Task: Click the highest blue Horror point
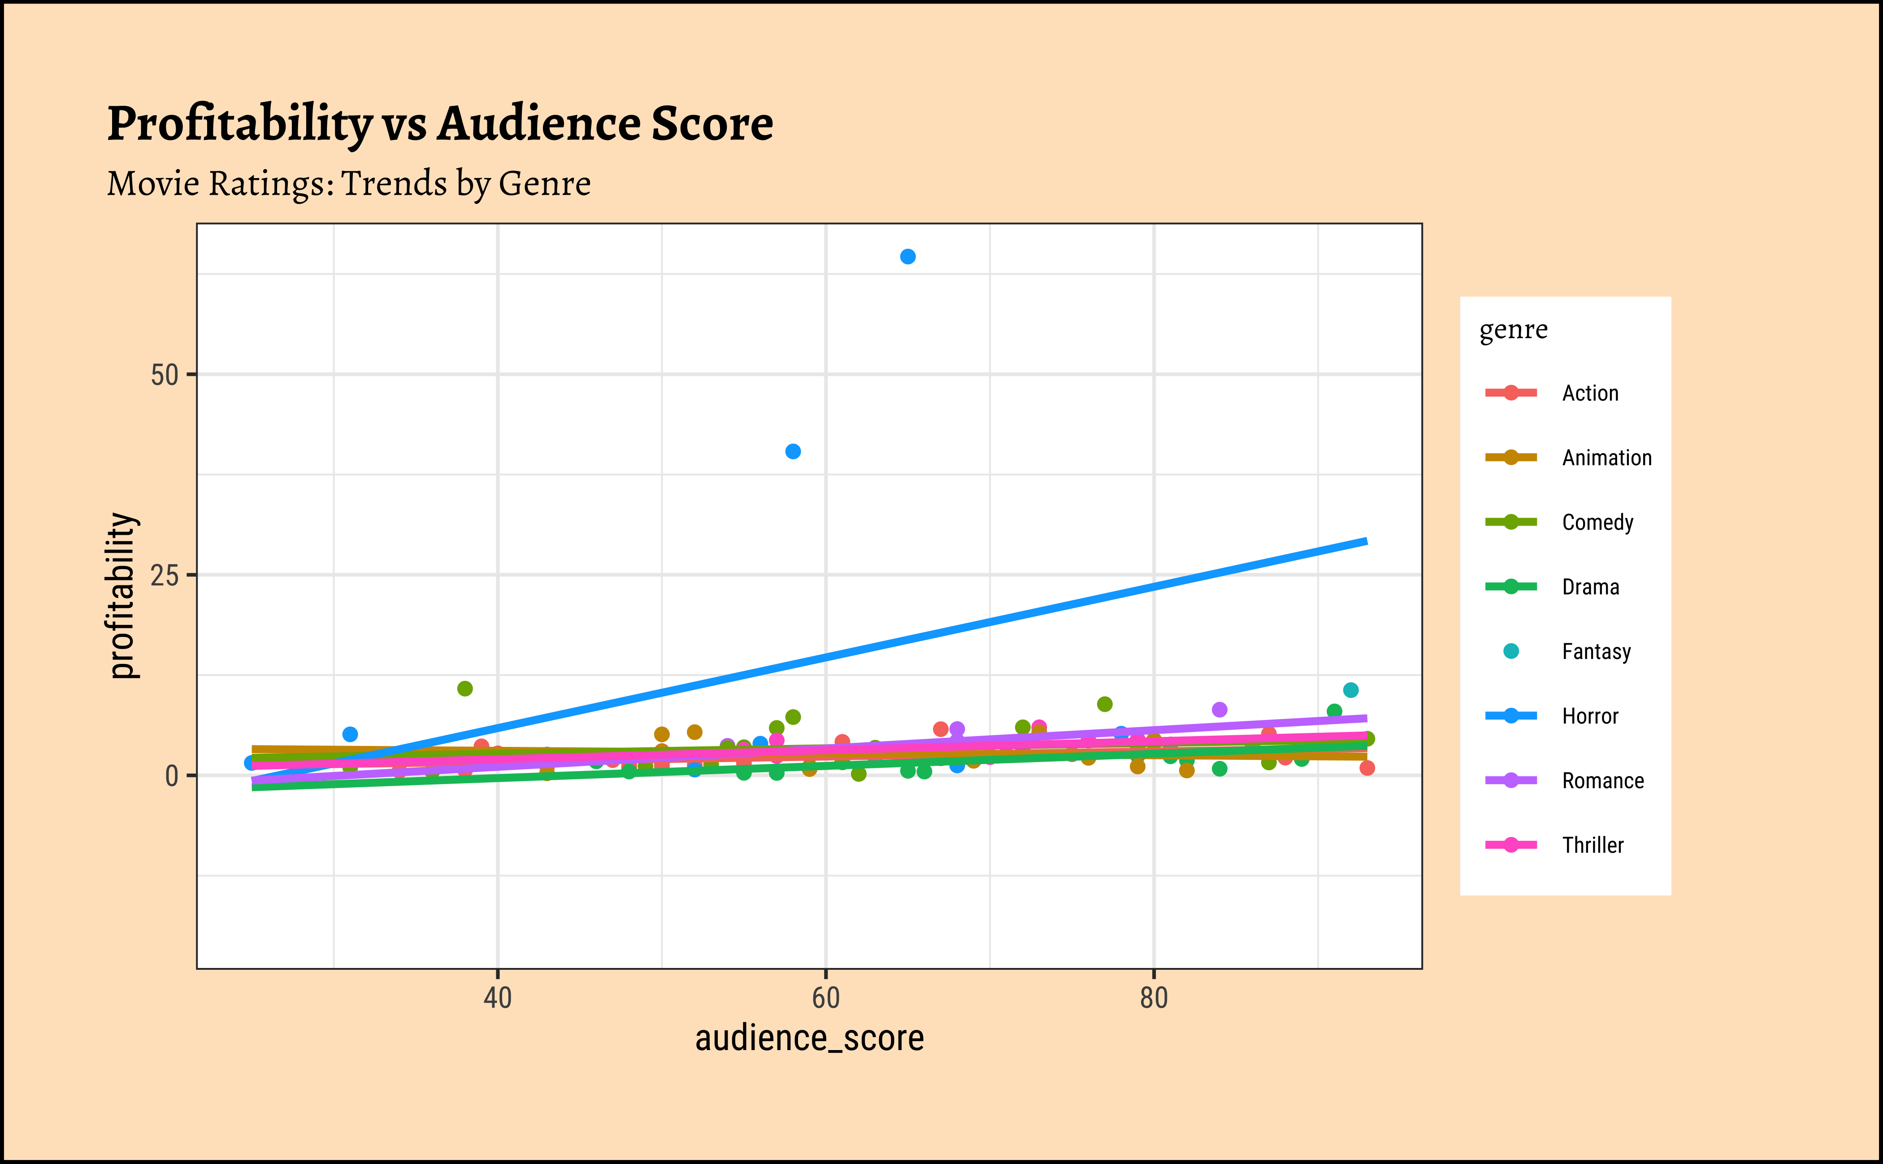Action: (x=907, y=257)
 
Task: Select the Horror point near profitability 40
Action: (x=793, y=451)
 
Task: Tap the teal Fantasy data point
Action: (x=1350, y=690)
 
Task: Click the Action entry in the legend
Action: (x=1590, y=393)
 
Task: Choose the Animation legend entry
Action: (x=1606, y=458)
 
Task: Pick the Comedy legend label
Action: (x=1597, y=523)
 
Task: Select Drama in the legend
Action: (x=1590, y=588)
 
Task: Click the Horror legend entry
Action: (x=1590, y=717)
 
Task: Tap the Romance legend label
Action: (x=1602, y=781)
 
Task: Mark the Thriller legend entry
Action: (x=1592, y=845)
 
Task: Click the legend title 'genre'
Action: (x=1513, y=330)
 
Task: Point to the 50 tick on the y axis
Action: (x=164, y=376)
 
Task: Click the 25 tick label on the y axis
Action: (x=164, y=575)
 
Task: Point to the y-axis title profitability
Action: (x=121, y=596)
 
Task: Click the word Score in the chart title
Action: (x=712, y=124)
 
